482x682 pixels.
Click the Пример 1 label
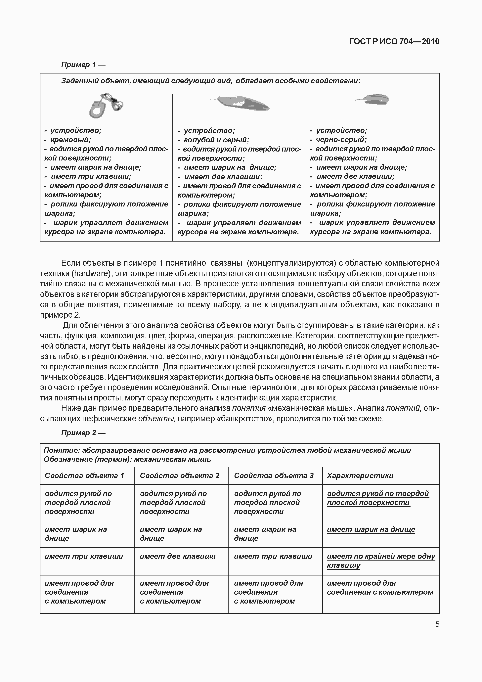83,65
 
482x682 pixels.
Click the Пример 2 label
83,433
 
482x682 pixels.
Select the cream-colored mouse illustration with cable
106,106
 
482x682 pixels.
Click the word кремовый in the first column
71,140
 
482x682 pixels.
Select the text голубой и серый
216,140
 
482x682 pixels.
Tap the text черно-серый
341,140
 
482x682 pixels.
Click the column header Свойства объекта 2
179,476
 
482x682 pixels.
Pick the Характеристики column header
360,476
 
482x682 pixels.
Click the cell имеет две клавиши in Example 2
178,556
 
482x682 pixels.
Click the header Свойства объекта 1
84,476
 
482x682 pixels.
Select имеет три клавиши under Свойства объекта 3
273,556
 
